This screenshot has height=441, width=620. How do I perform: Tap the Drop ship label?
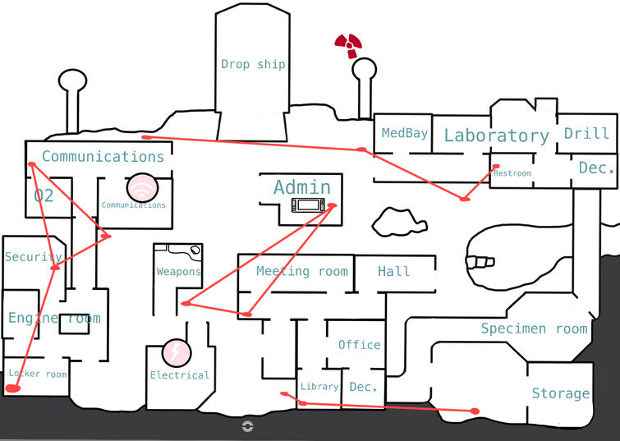click(x=253, y=64)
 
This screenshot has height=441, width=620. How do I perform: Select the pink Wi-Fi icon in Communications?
click(x=141, y=187)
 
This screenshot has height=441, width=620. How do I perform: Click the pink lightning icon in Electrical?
click(x=175, y=352)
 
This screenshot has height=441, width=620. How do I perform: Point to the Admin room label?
click(x=302, y=187)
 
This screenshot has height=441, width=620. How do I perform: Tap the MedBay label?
click(x=405, y=133)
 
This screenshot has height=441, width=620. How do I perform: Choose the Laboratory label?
click(x=496, y=136)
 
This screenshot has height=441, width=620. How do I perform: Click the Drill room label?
click(x=586, y=133)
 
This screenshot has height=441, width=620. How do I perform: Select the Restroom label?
click(x=512, y=173)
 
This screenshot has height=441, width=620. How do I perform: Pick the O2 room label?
click(x=44, y=195)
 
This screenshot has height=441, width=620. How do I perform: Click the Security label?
click(x=33, y=257)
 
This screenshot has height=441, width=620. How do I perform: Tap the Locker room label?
click(x=37, y=374)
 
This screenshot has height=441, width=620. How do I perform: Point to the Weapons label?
click(x=179, y=272)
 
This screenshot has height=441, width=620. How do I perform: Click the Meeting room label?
click(x=301, y=271)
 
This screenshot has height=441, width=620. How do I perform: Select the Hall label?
click(x=393, y=271)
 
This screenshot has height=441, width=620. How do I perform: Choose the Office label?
click(x=359, y=345)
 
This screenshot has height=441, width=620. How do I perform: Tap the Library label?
click(x=319, y=387)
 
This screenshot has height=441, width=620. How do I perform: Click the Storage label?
click(x=560, y=393)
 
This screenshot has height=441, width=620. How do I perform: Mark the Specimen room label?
click(x=534, y=329)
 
